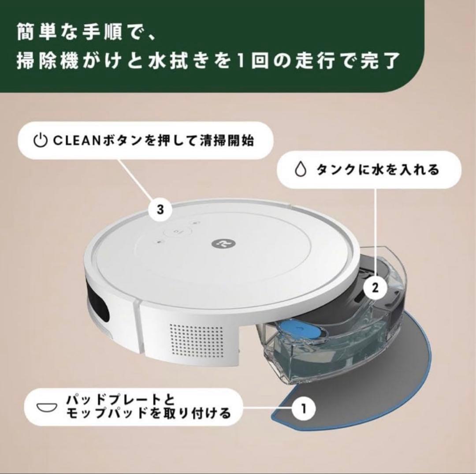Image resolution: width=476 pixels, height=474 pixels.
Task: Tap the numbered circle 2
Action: point(375,288)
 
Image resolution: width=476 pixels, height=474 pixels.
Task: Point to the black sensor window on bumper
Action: point(99,306)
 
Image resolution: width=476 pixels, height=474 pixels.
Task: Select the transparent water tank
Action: point(335,335)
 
